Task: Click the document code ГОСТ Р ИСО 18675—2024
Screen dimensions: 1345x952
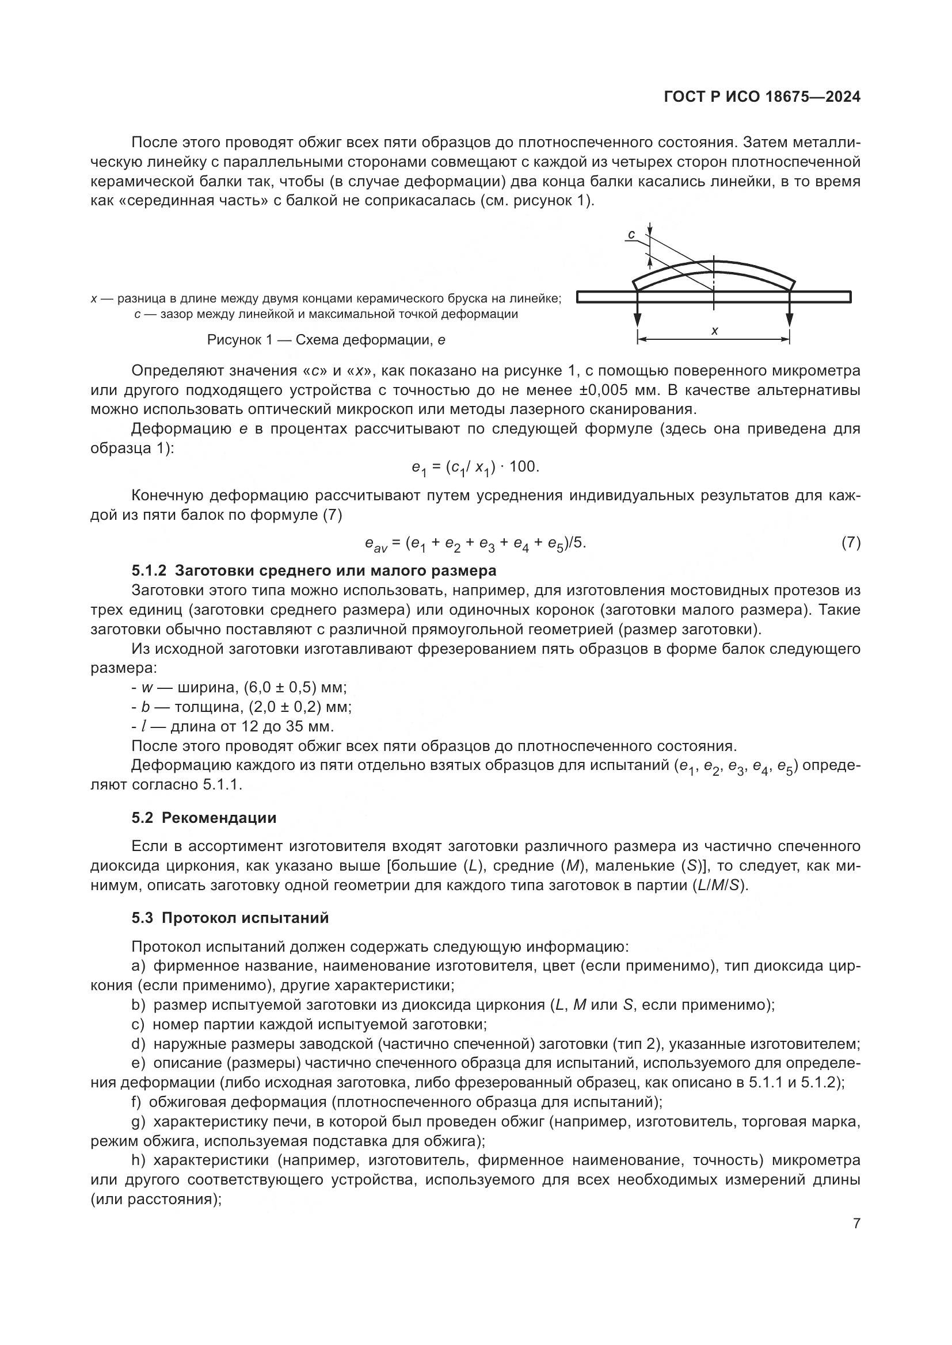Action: pyautogui.click(x=762, y=97)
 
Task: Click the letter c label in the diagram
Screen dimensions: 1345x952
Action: pyautogui.click(x=631, y=236)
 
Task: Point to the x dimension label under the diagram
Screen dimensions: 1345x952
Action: pyautogui.click(x=715, y=331)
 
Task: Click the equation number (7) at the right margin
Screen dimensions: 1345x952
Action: pyautogui.click(x=851, y=542)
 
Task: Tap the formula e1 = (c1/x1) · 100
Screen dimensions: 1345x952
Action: pyautogui.click(x=475, y=467)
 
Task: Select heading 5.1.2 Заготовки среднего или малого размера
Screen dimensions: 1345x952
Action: pyautogui.click(x=314, y=570)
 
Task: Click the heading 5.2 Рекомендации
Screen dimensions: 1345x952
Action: pyautogui.click(x=203, y=818)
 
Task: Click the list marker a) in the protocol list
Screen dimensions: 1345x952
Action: pyautogui.click(x=138, y=966)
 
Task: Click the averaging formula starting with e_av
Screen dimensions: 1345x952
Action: pyautogui.click(x=475, y=544)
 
